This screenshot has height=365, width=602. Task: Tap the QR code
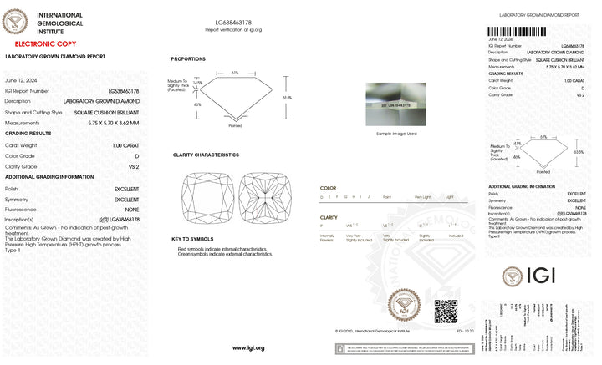click(x=446, y=311)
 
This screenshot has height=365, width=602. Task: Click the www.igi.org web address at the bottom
click(x=248, y=347)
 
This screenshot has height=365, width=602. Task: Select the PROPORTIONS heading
click(x=189, y=58)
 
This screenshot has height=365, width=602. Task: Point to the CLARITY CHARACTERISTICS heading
click(x=206, y=155)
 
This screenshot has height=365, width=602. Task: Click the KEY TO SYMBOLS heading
click(x=191, y=239)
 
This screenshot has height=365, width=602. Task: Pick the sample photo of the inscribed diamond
click(x=395, y=106)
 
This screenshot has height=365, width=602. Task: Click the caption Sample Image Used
click(x=395, y=134)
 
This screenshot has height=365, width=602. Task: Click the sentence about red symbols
click(x=221, y=249)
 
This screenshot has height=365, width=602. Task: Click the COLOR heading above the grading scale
click(x=329, y=188)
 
